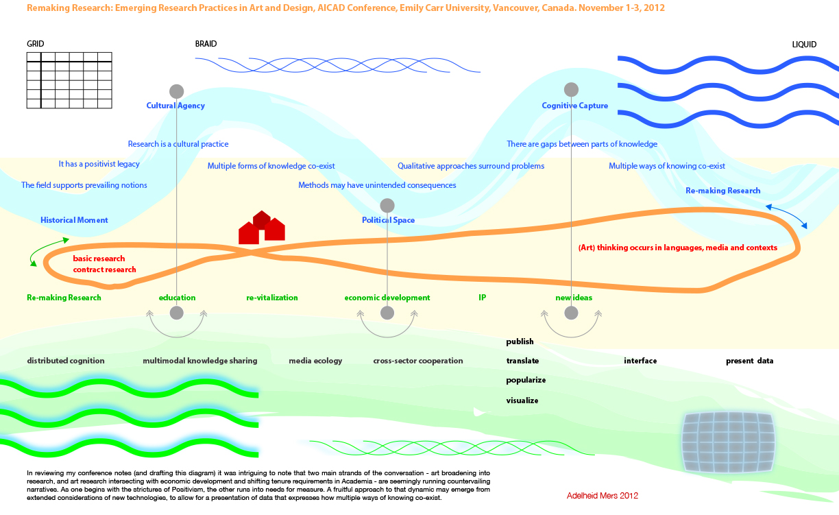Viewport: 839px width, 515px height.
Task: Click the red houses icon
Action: pyautogui.click(x=262, y=228)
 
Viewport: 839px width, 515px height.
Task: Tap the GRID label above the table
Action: pyautogui.click(x=36, y=44)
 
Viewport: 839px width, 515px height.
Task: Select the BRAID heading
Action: pyautogui.click(x=206, y=44)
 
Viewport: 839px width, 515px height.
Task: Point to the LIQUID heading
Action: pyautogui.click(x=804, y=45)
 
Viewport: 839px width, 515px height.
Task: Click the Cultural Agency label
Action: pyautogui.click(x=175, y=106)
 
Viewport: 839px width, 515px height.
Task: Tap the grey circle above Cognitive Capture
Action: pyautogui.click(x=571, y=90)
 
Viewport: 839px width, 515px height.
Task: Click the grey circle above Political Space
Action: pyautogui.click(x=387, y=206)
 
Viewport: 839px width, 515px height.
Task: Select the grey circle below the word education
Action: pyautogui.click(x=177, y=313)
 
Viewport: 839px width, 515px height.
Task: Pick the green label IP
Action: pyautogui.click(x=483, y=298)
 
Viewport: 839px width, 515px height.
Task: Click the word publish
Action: pyautogui.click(x=520, y=342)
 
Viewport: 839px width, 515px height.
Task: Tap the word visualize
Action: pyautogui.click(x=522, y=400)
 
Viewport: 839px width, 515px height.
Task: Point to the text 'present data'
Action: pyautogui.click(x=749, y=361)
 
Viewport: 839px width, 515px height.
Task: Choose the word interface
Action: pyautogui.click(x=640, y=361)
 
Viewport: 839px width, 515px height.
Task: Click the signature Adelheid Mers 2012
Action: pyautogui.click(x=603, y=496)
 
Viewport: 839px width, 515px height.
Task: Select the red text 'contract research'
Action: pyautogui.click(x=104, y=270)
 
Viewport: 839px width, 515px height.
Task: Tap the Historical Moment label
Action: pyautogui.click(x=74, y=220)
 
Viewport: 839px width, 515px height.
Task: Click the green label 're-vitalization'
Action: pyautogui.click(x=272, y=298)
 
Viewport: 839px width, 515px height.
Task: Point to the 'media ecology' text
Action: pyautogui.click(x=315, y=361)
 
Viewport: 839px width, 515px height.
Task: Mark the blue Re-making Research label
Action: pyautogui.click(x=723, y=191)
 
